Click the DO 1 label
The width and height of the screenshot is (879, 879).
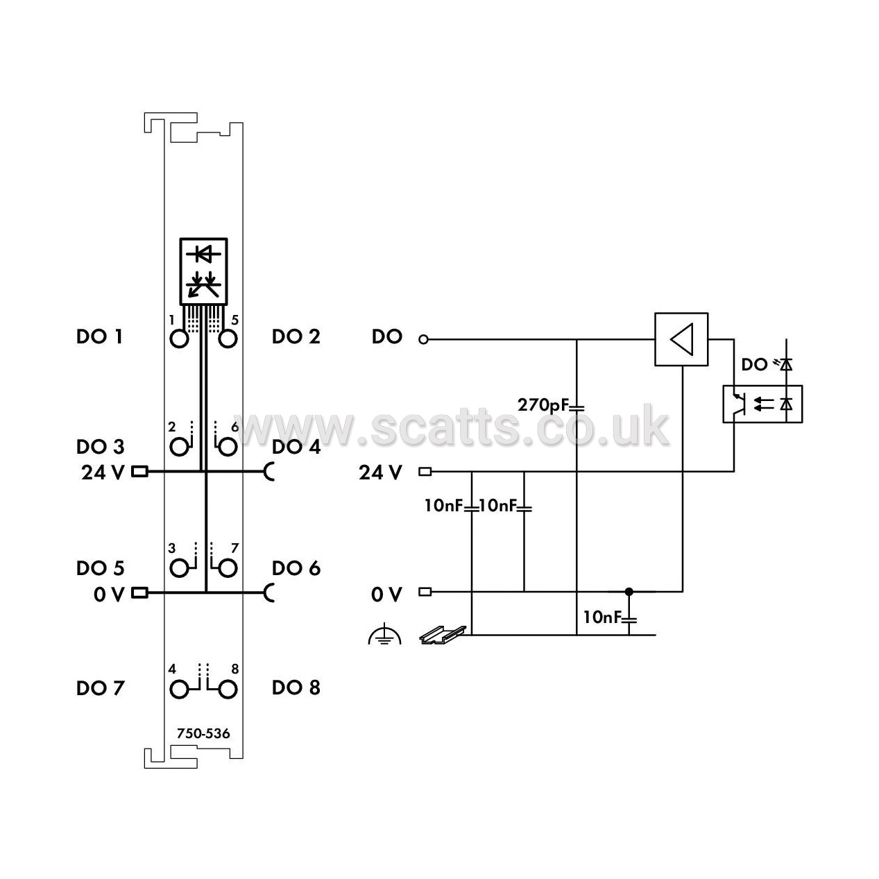(x=99, y=336)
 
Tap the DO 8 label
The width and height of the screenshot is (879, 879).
(x=296, y=688)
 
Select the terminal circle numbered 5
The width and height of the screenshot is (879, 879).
(x=228, y=339)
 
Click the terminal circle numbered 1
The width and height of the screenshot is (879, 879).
(x=179, y=339)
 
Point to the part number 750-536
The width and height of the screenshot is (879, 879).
(x=203, y=733)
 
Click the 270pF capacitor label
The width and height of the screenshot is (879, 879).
(x=544, y=405)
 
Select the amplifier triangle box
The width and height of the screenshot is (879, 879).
(x=681, y=339)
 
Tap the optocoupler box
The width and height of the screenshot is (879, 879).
(x=762, y=404)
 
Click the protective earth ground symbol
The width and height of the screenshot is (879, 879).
(x=384, y=633)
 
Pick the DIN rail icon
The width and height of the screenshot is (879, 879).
(x=443, y=635)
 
